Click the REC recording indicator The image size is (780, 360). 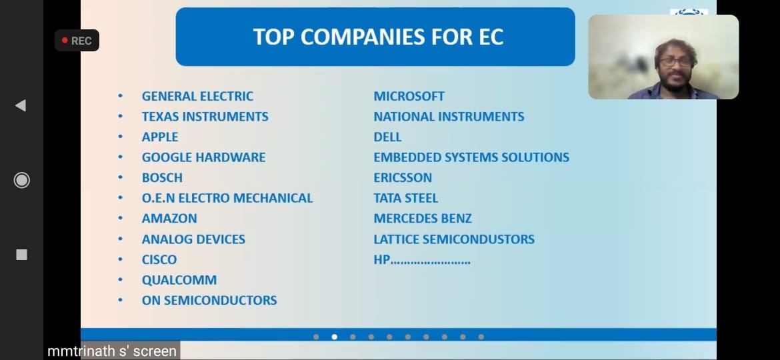click(77, 40)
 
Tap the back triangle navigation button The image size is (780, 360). click(21, 105)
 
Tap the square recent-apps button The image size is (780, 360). click(21, 255)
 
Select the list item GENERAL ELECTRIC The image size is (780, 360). click(197, 96)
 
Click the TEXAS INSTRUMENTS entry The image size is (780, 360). click(205, 117)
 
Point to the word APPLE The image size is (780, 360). click(160, 137)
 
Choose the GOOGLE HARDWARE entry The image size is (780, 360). click(203, 157)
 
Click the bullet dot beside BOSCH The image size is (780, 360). click(121, 177)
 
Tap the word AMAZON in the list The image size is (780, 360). click(169, 218)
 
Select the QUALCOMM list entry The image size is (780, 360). click(179, 280)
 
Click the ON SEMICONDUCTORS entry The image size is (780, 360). click(209, 300)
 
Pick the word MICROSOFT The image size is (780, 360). click(409, 96)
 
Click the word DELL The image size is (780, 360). click(387, 137)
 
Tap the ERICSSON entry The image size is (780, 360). click(403, 177)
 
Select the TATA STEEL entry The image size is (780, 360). click(406, 198)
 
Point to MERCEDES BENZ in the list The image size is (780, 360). click(423, 218)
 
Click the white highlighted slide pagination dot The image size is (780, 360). click(334, 337)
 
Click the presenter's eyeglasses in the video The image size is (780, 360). click(675, 62)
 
